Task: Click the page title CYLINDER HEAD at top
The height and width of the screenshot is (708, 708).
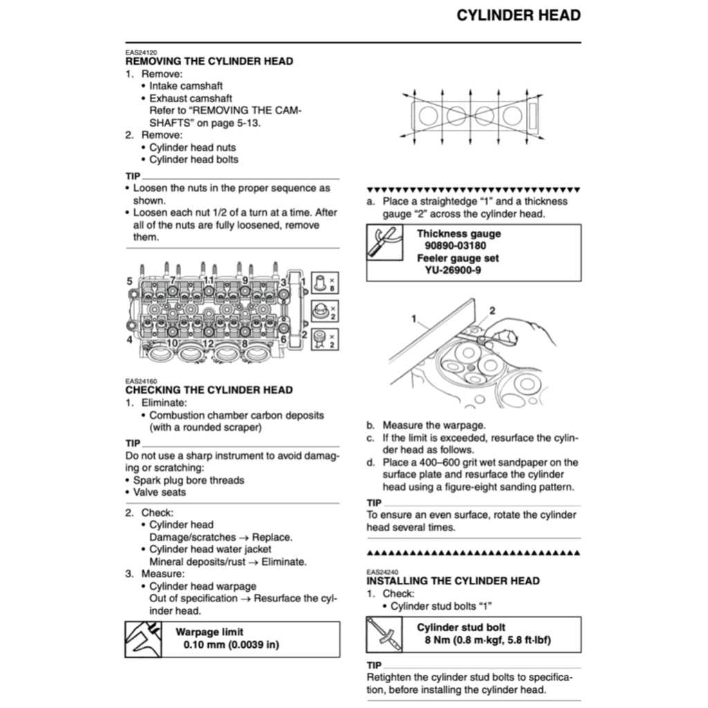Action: coord(518,15)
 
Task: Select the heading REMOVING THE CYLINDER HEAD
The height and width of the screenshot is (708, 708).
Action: coord(209,61)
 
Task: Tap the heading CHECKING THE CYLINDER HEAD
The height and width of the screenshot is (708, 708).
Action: coord(209,390)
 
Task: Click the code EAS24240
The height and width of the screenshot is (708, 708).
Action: coord(378,572)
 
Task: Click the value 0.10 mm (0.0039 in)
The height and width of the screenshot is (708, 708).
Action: coord(231,644)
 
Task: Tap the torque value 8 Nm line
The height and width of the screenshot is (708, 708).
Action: coord(487,640)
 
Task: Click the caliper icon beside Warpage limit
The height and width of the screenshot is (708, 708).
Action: coord(143,639)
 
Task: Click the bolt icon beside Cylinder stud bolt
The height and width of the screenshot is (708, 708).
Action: coord(384,635)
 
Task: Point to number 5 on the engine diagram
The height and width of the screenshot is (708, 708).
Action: coord(129,281)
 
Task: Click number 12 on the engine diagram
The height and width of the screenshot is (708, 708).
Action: coord(207,343)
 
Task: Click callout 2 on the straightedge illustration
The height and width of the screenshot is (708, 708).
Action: coord(493,311)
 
